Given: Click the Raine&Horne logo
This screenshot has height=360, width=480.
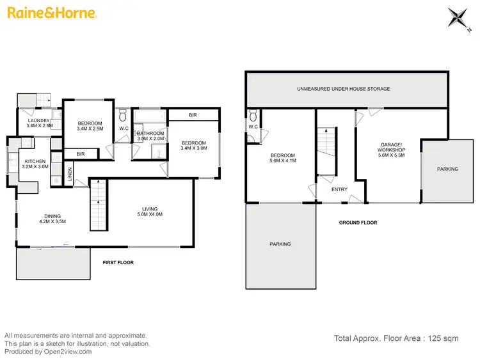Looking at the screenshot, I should point(51,13).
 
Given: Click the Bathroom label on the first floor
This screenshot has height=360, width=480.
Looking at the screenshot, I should point(150,135).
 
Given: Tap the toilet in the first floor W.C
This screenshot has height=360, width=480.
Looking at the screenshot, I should point(123,115).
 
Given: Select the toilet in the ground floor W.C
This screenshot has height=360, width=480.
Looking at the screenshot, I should point(254,116).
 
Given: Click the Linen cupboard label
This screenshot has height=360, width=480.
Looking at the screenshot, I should point(69,171).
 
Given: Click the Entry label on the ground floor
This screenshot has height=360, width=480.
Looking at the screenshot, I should point(339,190).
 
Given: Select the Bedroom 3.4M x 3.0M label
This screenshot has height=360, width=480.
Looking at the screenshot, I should point(193,146).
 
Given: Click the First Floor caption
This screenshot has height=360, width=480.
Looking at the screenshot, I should point(118,262).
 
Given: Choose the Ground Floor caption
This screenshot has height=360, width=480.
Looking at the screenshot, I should point(358,223).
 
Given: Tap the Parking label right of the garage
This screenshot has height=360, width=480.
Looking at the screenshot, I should point(447,169).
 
